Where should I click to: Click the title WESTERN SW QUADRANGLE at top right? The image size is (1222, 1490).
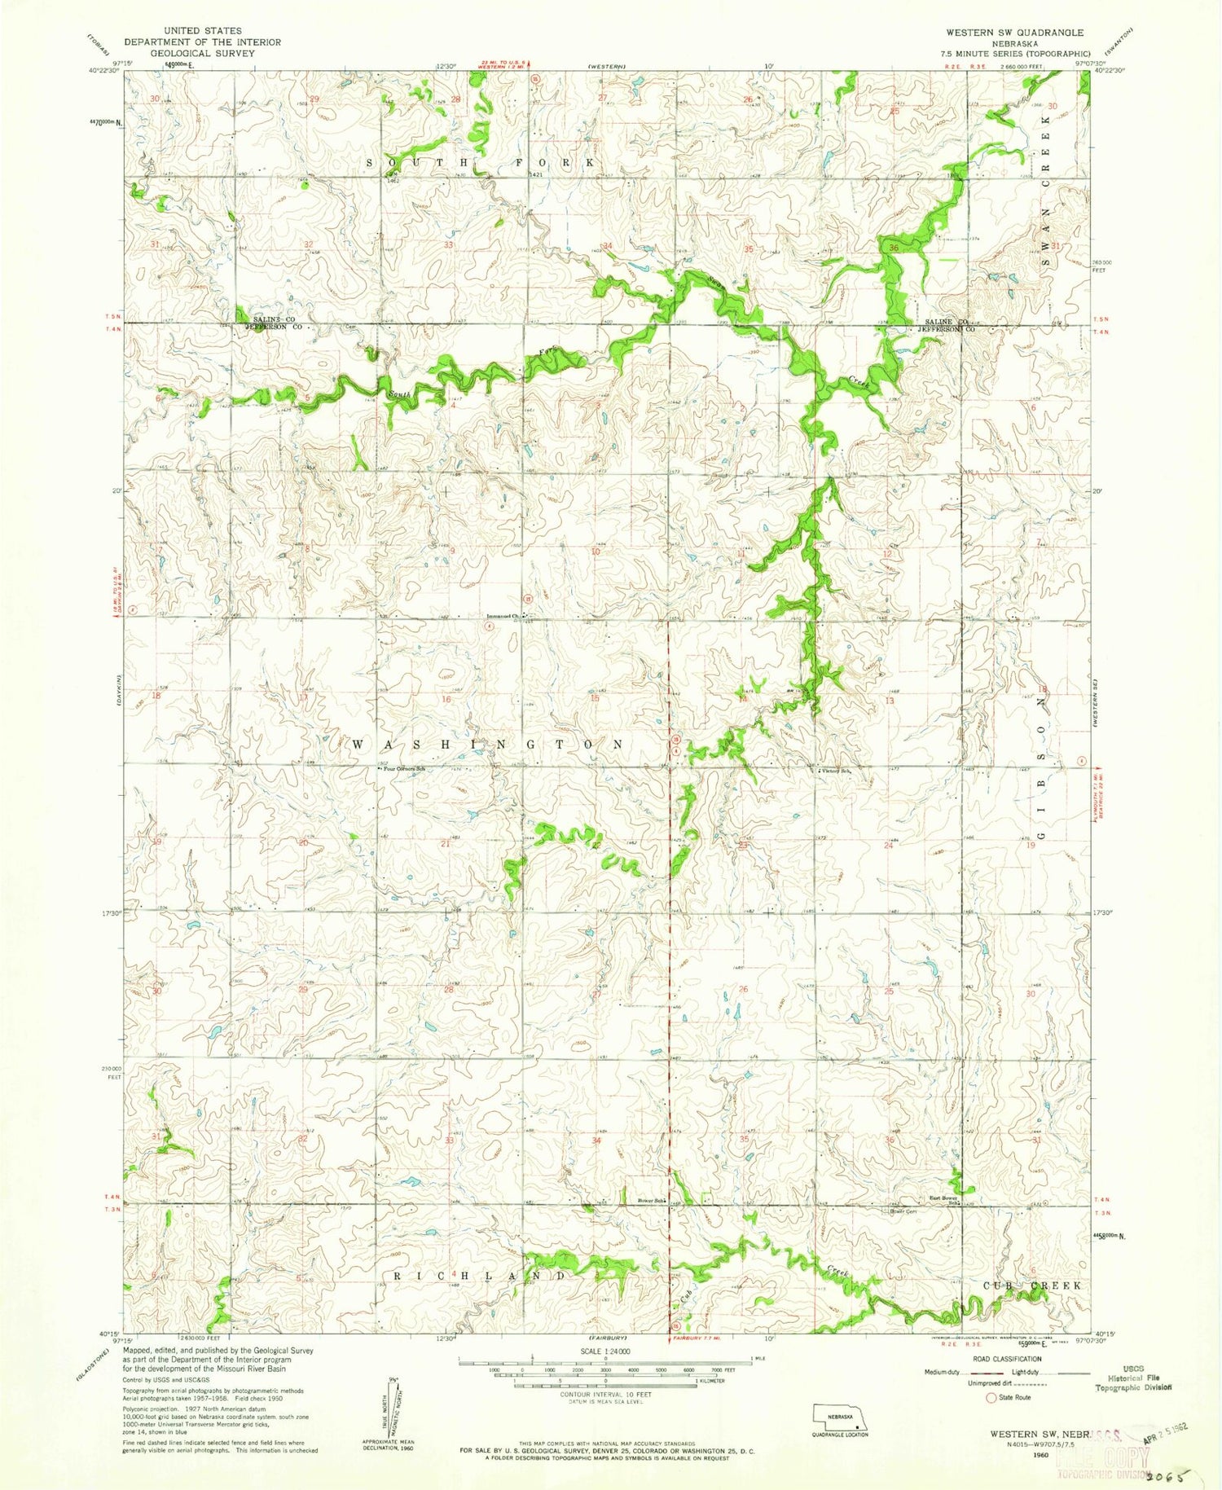[1014, 32]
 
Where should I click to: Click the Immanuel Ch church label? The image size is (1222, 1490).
[503, 616]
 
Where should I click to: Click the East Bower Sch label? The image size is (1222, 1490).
[944, 1199]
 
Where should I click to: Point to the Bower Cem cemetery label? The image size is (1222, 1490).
[903, 1211]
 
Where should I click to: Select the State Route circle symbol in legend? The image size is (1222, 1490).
[991, 1397]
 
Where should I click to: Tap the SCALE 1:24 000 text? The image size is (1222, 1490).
[604, 1351]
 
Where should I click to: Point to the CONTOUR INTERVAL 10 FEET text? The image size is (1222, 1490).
[604, 1394]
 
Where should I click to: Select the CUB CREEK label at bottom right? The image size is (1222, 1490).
[1032, 1285]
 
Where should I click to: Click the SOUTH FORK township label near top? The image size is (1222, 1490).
[481, 163]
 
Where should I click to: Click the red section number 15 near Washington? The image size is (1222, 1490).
[595, 698]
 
